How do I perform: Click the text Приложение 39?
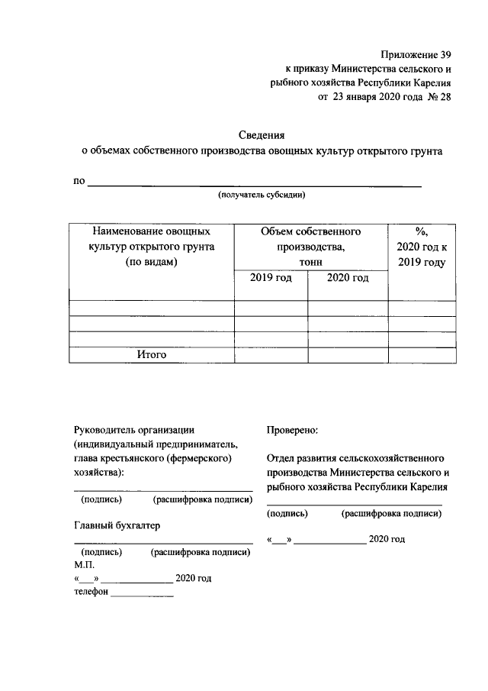(416, 53)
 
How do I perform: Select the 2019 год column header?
(271, 278)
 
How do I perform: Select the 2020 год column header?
(348, 278)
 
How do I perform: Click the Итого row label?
(151, 355)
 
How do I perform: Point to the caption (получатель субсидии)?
(262, 195)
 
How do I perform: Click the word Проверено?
(293, 431)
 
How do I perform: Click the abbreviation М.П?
(84, 564)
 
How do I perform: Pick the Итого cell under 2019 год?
(271, 355)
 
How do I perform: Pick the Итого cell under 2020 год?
(348, 355)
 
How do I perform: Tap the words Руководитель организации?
(134, 431)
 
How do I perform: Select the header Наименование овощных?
(150, 231)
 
